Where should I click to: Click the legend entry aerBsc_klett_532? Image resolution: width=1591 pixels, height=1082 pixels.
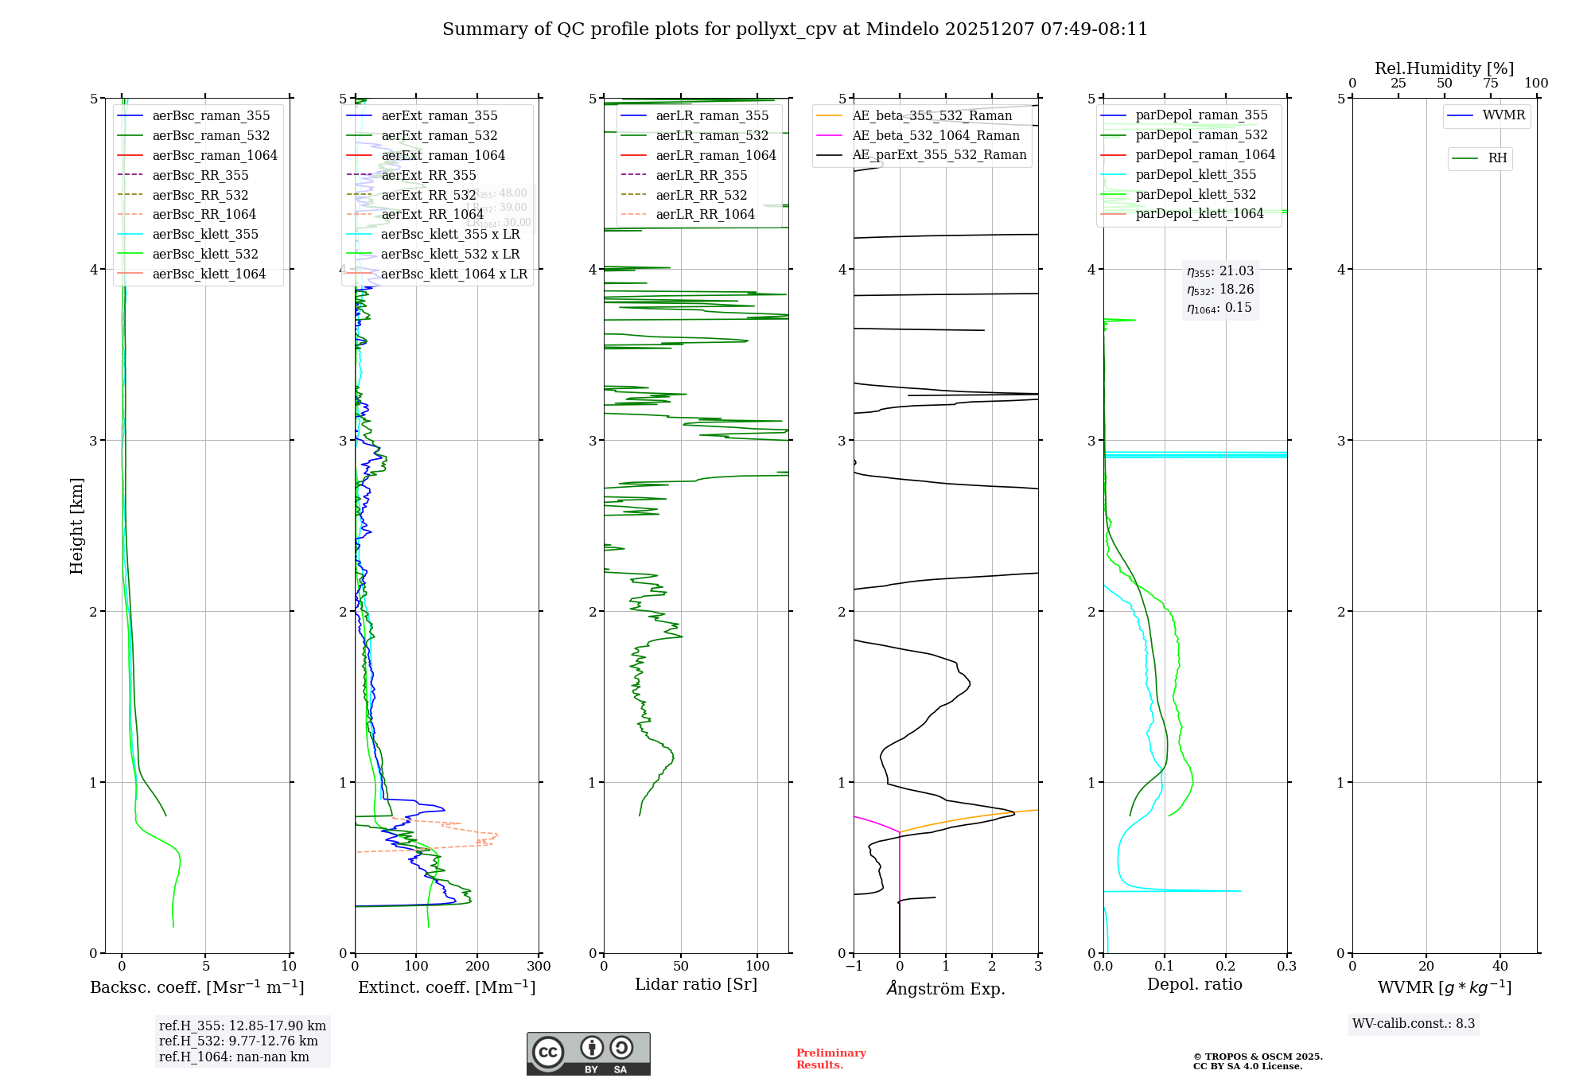coord(204,255)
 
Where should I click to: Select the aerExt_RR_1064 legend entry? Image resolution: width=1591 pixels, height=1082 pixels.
coord(432,215)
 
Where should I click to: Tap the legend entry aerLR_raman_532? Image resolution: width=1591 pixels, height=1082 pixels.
coord(712,136)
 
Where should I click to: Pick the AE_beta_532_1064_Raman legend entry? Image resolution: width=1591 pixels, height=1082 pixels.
coord(936,136)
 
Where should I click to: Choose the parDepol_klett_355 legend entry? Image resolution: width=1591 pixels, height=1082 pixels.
coord(1196,175)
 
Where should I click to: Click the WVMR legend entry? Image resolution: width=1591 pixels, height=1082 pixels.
coord(1503,115)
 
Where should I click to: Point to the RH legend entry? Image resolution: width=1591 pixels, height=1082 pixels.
coord(1497,158)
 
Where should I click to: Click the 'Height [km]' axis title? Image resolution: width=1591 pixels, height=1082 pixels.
coord(76,526)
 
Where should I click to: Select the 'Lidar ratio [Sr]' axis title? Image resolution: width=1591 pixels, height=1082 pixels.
coord(695,985)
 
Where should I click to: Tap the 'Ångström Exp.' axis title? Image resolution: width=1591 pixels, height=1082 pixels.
coord(946,989)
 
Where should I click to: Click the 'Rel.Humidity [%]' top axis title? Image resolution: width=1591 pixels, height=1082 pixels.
coord(1444,68)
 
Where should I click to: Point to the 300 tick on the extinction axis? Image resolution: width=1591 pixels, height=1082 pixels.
coord(539,967)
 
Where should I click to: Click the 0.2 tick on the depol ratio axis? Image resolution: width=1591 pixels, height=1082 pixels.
coord(1226,967)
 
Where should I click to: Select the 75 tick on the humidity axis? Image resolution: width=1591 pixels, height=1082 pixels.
coord(1491,84)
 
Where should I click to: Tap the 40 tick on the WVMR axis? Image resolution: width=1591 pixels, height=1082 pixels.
coord(1500,967)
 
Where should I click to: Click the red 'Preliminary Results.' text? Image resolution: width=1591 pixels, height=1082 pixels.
coord(831,1059)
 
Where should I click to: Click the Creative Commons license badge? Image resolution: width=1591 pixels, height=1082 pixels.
coord(588,1054)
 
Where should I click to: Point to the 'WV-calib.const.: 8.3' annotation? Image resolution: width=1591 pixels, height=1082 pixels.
coord(1414,1024)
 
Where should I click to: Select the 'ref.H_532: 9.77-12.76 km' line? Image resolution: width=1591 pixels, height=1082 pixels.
coord(238,1041)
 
